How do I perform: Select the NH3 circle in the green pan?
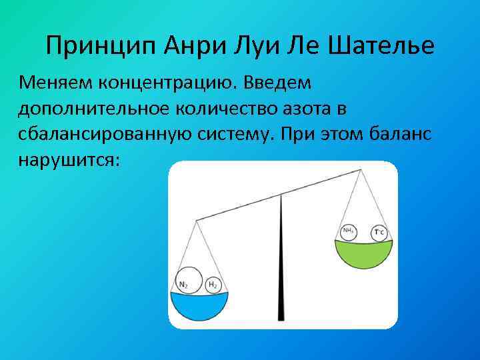click(x=348, y=231)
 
